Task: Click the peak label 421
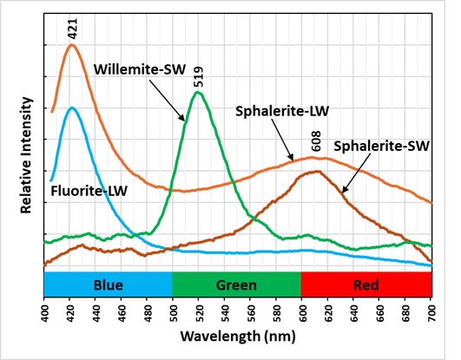(72, 31)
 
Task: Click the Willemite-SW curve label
(135, 69)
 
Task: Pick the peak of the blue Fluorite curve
(71, 108)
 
